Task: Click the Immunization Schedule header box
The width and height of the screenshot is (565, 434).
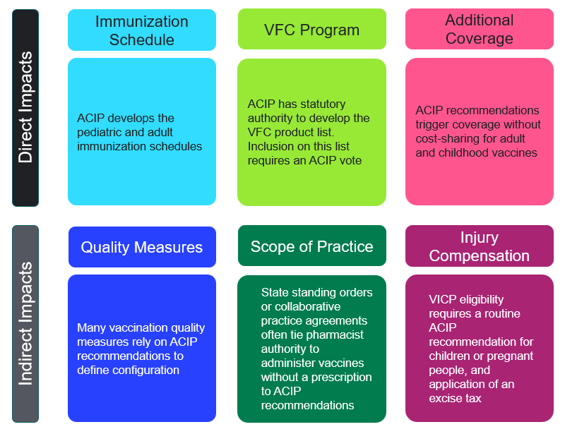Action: pos(142,30)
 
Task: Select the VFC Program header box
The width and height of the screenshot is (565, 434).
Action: pos(311,30)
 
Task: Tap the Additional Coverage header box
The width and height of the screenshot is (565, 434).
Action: pos(480,29)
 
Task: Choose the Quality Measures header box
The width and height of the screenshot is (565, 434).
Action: pos(142,247)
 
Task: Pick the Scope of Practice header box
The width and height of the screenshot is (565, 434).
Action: pos(311,246)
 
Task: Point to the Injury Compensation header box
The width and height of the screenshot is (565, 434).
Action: pos(480,246)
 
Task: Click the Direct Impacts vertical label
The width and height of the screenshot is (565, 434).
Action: pos(25,107)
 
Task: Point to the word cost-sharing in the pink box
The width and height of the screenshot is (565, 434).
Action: pos(448,138)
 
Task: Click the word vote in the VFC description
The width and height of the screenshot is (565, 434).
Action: pos(350,160)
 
